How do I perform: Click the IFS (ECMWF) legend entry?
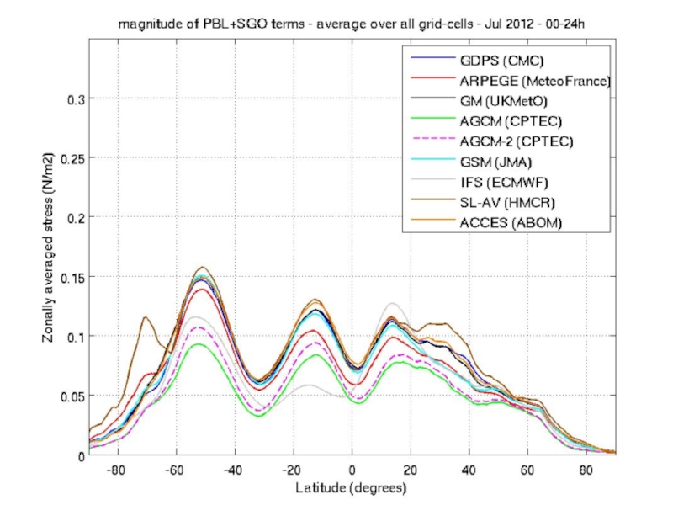(x=503, y=182)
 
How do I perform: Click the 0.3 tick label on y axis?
(x=76, y=98)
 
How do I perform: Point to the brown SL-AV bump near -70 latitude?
(x=146, y=318)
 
